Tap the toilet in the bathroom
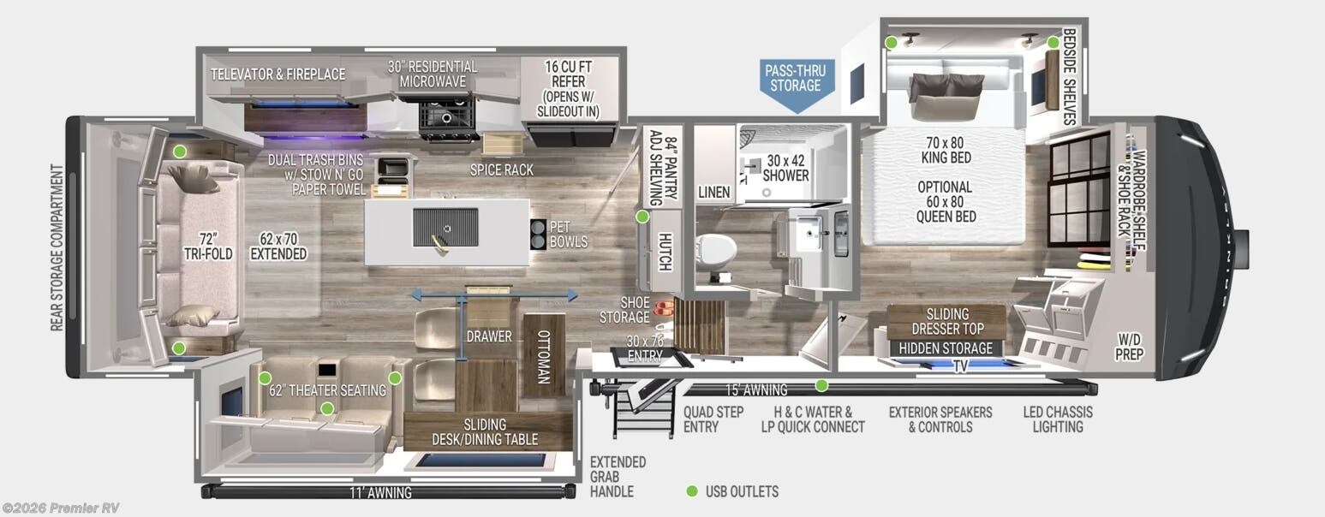(718, 249)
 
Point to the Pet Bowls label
(568, 235)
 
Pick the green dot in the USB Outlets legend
(692, 491)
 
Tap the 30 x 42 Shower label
(785, 167)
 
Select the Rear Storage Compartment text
(57, 248)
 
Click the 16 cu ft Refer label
(568, 88)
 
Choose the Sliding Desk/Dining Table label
(485, 431)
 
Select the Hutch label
(663, 251)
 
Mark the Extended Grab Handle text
(618, 477)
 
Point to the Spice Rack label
(501, 169)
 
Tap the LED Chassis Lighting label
(1058, 419)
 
